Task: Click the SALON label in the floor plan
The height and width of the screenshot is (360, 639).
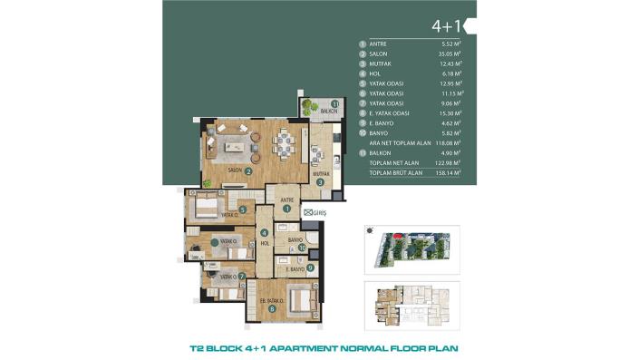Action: click(233, 170)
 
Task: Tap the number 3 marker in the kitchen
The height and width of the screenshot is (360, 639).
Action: click(321, 181)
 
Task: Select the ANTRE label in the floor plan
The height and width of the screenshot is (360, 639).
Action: click(287, 199)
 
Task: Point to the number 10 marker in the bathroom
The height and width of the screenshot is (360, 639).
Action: click(302, 246)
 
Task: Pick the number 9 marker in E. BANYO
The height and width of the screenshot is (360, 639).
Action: click(310, 268)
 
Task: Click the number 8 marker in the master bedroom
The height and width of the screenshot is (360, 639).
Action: click(272, 309)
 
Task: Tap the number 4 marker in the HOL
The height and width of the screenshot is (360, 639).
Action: click(264, 233)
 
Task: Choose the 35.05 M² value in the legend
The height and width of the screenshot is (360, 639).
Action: click(450, 54)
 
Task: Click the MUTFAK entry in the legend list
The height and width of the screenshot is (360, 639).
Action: click(382, 63)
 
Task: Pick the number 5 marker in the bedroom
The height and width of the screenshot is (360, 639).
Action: click(243, 209)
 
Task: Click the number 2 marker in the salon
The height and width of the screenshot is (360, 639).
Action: click(248, 170)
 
